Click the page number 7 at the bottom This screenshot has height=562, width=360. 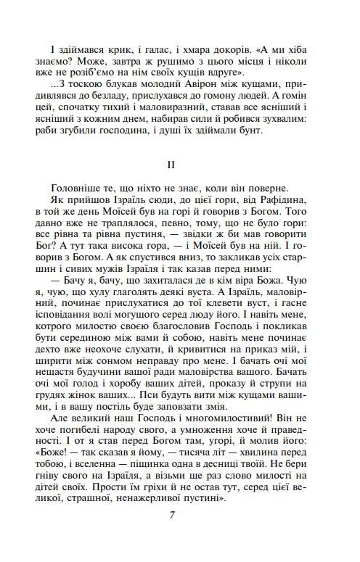171,515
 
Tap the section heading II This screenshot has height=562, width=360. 171,165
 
